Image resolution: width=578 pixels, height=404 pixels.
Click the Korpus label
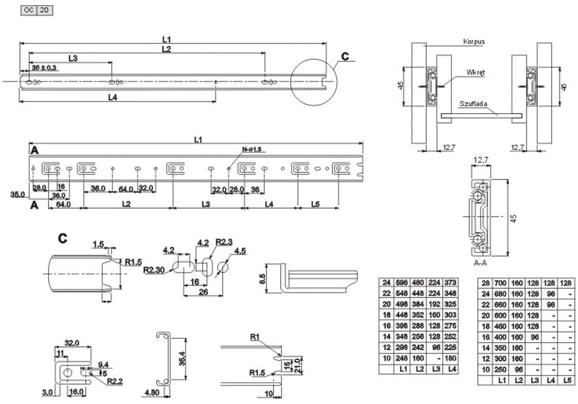point(473,42)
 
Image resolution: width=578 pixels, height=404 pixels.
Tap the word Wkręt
point(475,73)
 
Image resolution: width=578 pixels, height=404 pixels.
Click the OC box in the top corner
point(28,10)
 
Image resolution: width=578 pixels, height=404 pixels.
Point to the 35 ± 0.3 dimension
point(45,68)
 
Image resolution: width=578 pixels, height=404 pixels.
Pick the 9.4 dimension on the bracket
point(103,364)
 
